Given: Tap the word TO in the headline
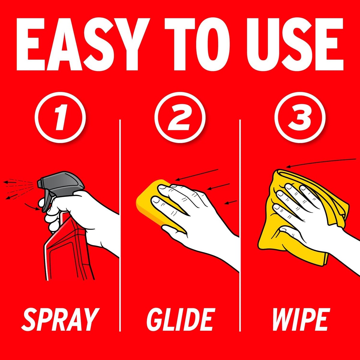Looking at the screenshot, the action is click(197, 44).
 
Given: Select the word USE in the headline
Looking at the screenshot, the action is click(295, 44).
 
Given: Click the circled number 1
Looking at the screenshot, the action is click(60, 118).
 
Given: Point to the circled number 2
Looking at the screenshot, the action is click(180, 118).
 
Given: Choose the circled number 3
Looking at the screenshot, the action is click(300, 118).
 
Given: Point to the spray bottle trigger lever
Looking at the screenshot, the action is click(46, 203).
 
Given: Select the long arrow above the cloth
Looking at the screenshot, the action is click(321, 162).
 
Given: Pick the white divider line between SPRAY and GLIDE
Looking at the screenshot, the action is click(120, 226).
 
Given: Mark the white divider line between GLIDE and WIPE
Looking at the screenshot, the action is click(240, 226).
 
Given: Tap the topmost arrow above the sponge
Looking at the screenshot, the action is click(197, 175).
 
